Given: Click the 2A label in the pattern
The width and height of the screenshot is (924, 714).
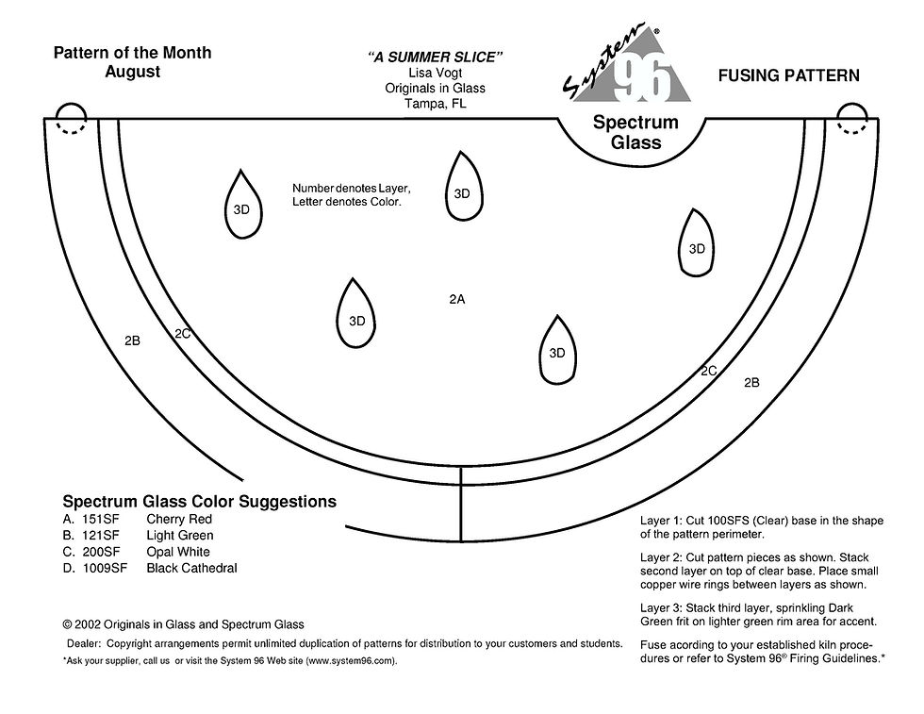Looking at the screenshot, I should point(457,299).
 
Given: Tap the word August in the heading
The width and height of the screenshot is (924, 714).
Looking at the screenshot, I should point(132,72).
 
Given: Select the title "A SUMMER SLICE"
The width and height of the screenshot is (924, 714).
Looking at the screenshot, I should point(435,58).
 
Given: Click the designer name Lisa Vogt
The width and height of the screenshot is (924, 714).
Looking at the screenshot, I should point(435,74).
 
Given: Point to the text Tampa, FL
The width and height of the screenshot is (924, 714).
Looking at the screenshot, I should point(435,104).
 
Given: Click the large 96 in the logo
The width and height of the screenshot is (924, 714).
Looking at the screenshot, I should point(643,79).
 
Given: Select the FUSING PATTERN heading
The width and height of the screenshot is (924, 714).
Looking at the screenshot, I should point(788,75).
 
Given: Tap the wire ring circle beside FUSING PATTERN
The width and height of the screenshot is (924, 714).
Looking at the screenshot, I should point(852,120).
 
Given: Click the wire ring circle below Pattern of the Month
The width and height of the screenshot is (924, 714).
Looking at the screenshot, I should point(69,120).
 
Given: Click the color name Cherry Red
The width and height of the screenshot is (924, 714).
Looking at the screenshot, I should point(179,520).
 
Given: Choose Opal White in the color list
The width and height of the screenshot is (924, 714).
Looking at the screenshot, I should point(178,552).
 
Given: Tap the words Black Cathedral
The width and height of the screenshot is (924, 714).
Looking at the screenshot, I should point(191,568).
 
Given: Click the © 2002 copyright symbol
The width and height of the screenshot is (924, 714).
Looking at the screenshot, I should point(68,624).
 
